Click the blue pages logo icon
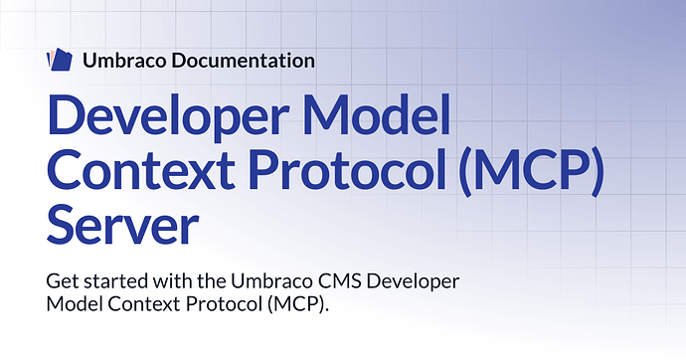[x=59, y=60]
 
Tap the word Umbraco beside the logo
[x=124, y=61]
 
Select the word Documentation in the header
[x=243, y=61]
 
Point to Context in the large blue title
[x=141, y=169]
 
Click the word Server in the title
[x=123, y=224]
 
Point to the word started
[x=115, y=280]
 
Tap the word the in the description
[x=212, y=280]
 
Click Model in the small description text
[x=75, y=303]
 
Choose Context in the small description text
[x=144, y=304]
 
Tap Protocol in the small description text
[x=224, y=304]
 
